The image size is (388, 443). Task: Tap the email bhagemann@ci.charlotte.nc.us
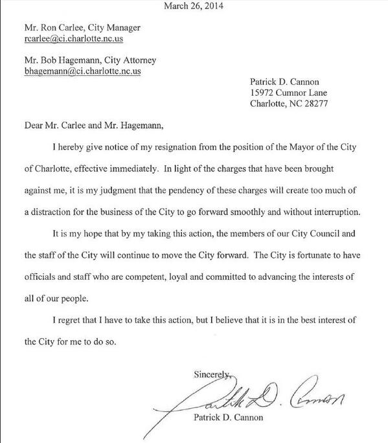pyautogui.click(x=82, y=71)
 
